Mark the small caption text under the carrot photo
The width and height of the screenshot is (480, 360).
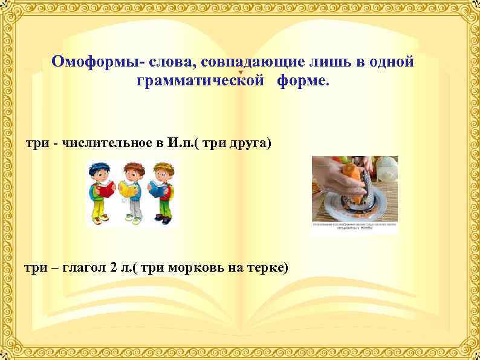coord(354,227)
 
